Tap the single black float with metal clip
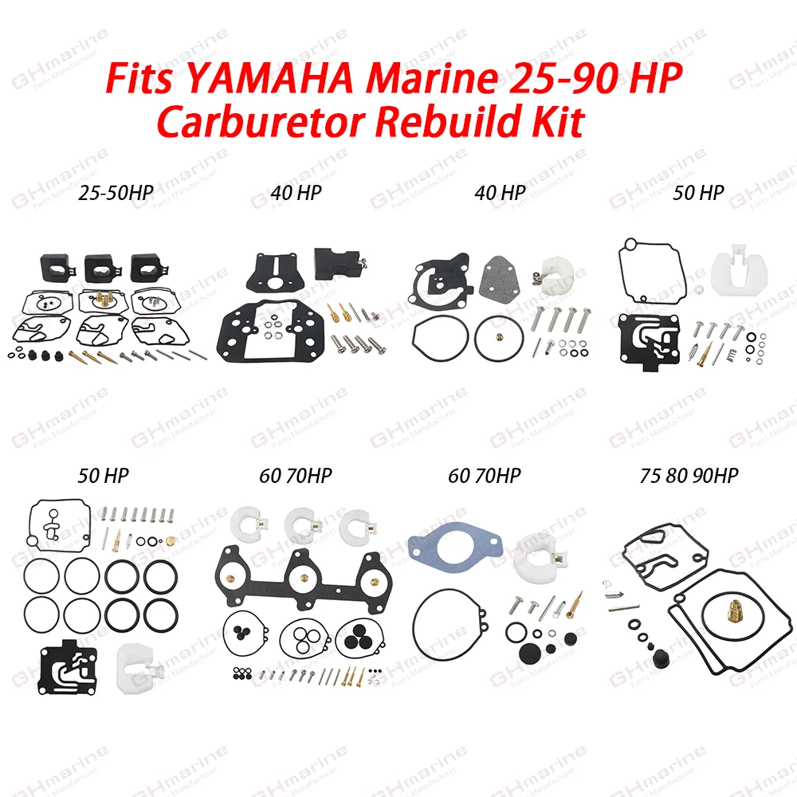pos(336,262)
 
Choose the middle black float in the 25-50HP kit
pos(100,267)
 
